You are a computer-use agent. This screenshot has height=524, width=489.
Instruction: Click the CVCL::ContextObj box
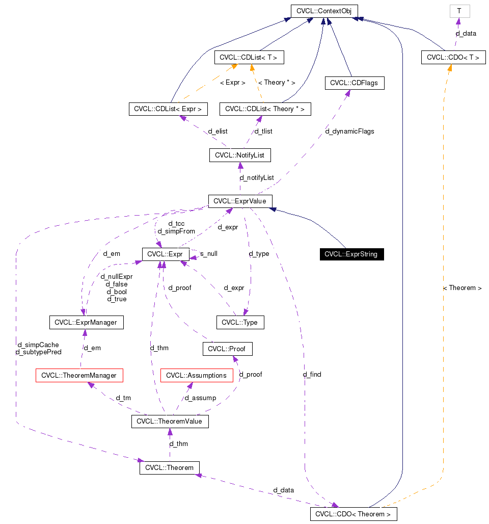coord(324,11)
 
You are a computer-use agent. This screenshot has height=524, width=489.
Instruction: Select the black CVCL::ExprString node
coord(351,254)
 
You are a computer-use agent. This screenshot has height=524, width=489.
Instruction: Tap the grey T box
coord(459,11)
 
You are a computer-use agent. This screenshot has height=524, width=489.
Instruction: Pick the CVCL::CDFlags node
coord(354,83)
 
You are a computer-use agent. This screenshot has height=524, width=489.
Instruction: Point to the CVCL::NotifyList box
coord(239,155)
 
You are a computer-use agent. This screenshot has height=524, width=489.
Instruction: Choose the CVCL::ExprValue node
coord(240,201)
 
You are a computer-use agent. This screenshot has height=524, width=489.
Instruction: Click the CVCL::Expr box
coord(166,254)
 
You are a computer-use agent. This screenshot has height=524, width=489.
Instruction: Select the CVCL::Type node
coord(240,322)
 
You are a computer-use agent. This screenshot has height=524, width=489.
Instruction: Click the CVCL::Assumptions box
coord(196,376)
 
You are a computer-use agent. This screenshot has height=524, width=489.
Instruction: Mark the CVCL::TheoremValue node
coord(170,422)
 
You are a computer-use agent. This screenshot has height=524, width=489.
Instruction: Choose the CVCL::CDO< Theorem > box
coord(353,514)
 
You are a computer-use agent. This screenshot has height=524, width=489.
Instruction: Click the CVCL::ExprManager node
coord(86,322)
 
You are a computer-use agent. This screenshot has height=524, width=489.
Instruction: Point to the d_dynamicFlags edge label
coord(349,131)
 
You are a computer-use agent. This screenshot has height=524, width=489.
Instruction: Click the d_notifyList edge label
coord(257,177)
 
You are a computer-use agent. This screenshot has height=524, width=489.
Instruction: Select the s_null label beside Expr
coord(209,253)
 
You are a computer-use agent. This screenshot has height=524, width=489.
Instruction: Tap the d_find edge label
coord(312,374)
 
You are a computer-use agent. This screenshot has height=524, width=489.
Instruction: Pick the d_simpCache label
coord(38,345)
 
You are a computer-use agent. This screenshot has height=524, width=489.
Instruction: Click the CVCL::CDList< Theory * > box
coord(264,109)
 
